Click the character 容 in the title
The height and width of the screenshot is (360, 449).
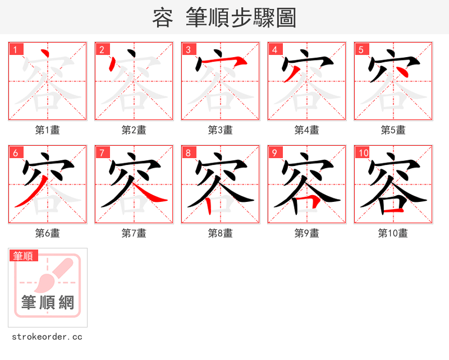pyautogui.click(x=162, y=18)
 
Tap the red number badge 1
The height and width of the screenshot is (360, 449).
pyautogui.click(x=16, y=49)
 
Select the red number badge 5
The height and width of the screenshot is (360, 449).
pyautogui.click(x=361, y=49)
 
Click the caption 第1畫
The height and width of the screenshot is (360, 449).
pyautogui.click(x=48, y=130)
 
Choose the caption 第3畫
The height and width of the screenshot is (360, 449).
pyautogui.click(x=221, y=130)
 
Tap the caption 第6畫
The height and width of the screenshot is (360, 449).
pyautogui.click(x=48, y=233)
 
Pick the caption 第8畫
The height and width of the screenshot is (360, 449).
pyautogui.click(x=221, y=233)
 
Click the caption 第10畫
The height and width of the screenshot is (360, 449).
pyautogui.click(x=393, y=233)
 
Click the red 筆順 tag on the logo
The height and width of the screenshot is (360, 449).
pyautogui.click(x=24, y=256)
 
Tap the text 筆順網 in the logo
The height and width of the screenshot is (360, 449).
pyautogui.click(x=48, y=303)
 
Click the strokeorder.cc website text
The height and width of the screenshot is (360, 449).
pyautogui.click(x=47, y=337)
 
